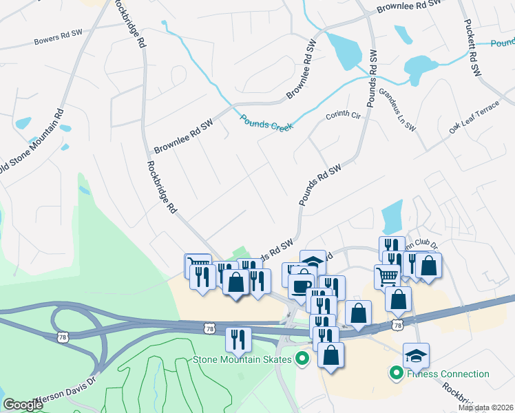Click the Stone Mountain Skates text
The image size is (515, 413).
point(242,359)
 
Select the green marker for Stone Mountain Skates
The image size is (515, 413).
point(302,358)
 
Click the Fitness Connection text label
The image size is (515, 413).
point(448,374)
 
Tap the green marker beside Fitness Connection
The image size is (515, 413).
point(396,374)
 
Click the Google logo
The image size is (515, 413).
point(23,405)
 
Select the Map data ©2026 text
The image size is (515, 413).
point(486,407)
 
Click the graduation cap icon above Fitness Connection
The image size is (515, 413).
point(416,355)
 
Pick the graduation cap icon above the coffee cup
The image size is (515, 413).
point(313,262)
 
